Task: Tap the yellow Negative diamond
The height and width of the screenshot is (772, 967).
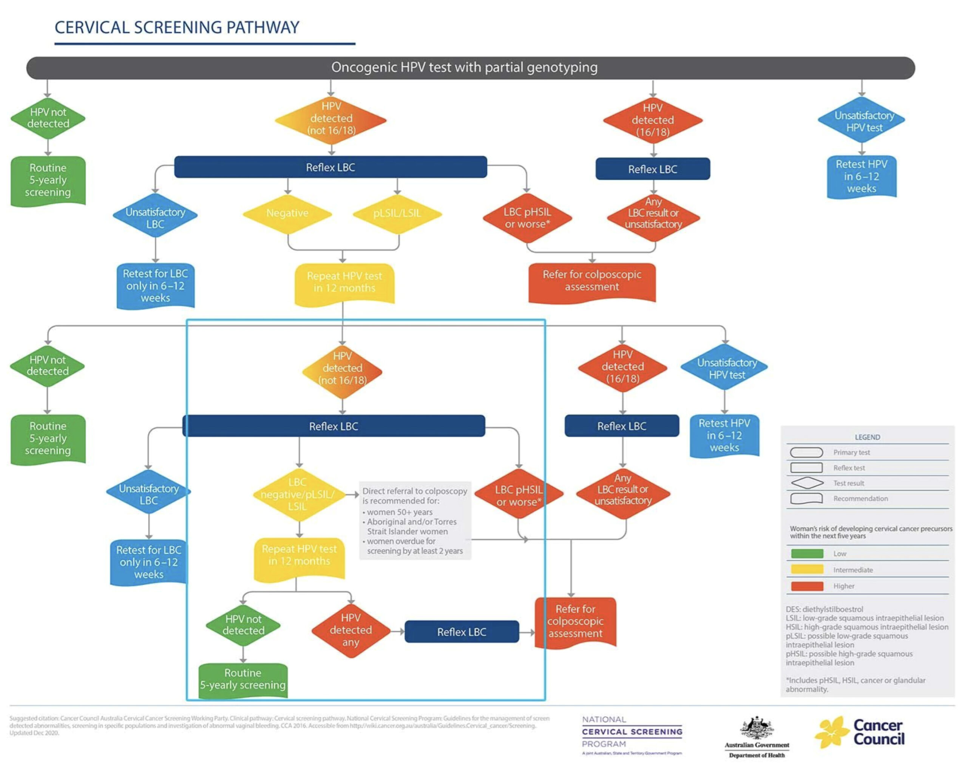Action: click(287, 213)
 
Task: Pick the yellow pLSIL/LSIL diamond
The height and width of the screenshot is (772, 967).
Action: click(397, 213)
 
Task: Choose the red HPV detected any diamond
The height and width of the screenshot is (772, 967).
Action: click(351, 630)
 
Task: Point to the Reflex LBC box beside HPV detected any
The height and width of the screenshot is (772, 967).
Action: click(462, 631)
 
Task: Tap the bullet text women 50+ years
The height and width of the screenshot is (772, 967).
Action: click(399, 512)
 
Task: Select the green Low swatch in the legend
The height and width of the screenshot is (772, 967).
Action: click(807, 554)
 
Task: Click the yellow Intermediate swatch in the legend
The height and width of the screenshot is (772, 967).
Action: click(807, 570)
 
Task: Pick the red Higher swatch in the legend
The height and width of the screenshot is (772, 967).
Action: click(807, 586)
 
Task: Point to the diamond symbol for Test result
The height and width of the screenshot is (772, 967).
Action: click(807, 483)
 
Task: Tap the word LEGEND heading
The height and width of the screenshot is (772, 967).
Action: click(867, 437)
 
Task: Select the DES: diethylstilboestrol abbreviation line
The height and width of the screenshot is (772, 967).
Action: click(824, 609)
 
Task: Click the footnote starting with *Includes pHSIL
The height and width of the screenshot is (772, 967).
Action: click(855, 684)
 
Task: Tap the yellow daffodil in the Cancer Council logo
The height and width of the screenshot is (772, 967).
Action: click(831, 732)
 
